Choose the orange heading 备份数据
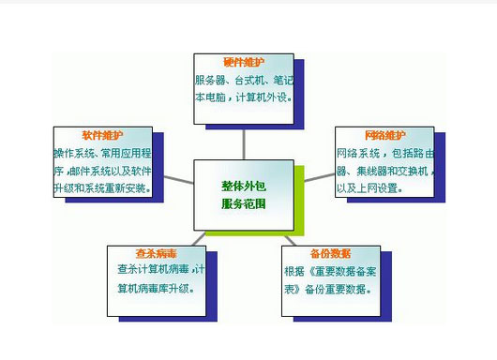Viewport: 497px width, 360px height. pyautogui.click(x=331, y=253)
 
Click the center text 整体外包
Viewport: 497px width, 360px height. pyautogui.click(x=244, y=187)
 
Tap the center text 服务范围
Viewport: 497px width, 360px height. pyautogui.click(x=244, y=202)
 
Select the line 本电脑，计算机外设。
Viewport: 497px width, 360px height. pyautogui.click(x=242, y=97)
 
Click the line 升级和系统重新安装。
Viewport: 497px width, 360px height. pyautogui.click(x=100, y=187)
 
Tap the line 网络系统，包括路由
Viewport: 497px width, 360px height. pyautogui.click(x=384, y=153)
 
